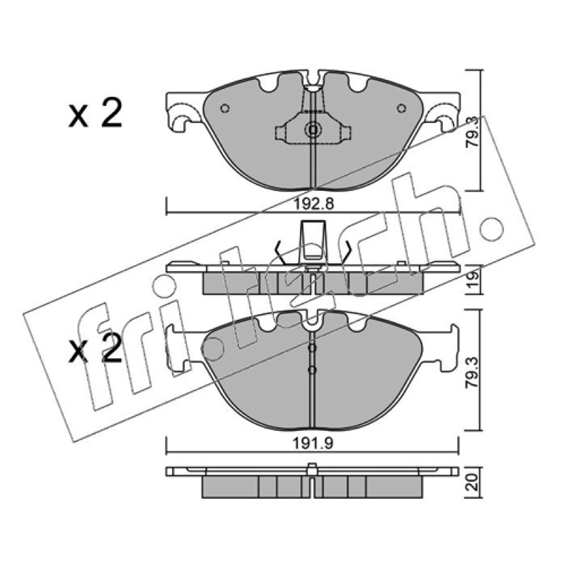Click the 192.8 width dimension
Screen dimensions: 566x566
click(x=313, y=204)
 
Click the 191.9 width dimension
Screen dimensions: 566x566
click(x=313, y=444)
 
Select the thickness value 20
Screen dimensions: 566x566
click(x=473, y=482)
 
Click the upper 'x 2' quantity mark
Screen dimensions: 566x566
click(x=96, y=113)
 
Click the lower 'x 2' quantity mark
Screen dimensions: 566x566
click(x=96, y=347)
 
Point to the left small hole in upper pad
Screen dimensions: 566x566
click(x=225, y=108)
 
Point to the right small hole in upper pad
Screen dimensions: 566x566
click(x=401, y=108)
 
